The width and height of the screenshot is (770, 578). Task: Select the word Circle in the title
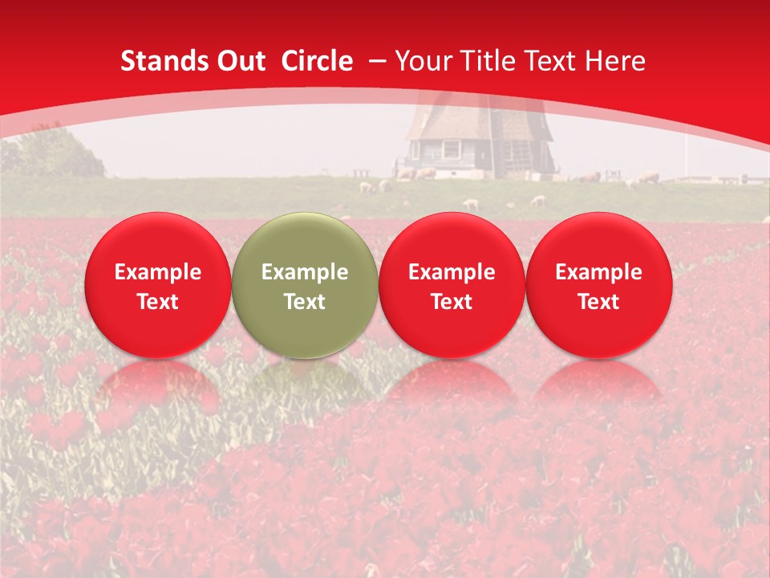(317, 61)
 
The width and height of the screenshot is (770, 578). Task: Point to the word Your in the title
(422, 61)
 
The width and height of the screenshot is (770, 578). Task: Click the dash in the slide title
(378, 61)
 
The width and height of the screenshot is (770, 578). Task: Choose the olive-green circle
(305, 285)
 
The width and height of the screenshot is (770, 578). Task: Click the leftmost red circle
(158, 285)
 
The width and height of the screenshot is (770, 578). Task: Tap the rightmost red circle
(599, 285)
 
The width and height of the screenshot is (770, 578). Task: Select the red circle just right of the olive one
(452, 285)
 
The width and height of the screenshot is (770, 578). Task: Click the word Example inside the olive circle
(305, 272)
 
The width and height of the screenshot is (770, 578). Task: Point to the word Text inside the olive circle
(305, 302)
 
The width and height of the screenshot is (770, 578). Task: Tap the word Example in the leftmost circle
(158, 272)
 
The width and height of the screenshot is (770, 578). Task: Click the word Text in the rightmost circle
(599, 302)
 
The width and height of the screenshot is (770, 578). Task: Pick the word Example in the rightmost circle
(599, 272)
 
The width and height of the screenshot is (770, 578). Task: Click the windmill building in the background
(477, 140)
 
